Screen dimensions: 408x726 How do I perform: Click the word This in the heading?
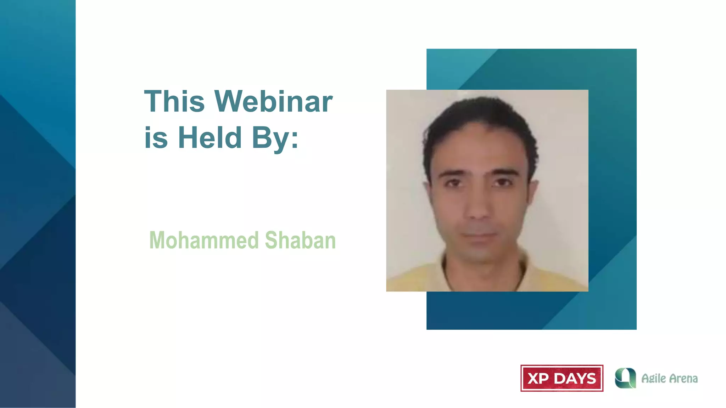[174, 102]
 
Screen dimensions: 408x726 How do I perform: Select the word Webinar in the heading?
[273, 102]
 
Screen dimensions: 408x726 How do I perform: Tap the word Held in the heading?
[210, 138]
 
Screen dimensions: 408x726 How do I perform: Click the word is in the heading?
[156, 138]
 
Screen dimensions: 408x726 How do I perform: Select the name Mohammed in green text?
[204, 240]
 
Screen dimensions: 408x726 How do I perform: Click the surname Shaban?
[300, 240]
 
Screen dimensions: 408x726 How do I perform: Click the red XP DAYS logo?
[562, 378]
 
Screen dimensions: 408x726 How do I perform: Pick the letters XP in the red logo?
[538, 379]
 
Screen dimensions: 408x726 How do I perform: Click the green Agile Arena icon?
[625, 378]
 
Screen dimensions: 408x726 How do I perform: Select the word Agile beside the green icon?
[653, 379]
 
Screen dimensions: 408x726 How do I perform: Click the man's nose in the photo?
[478, 209]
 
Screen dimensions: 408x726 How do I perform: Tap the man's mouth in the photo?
[479, 236]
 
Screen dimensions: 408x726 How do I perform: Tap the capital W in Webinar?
[230, 102]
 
